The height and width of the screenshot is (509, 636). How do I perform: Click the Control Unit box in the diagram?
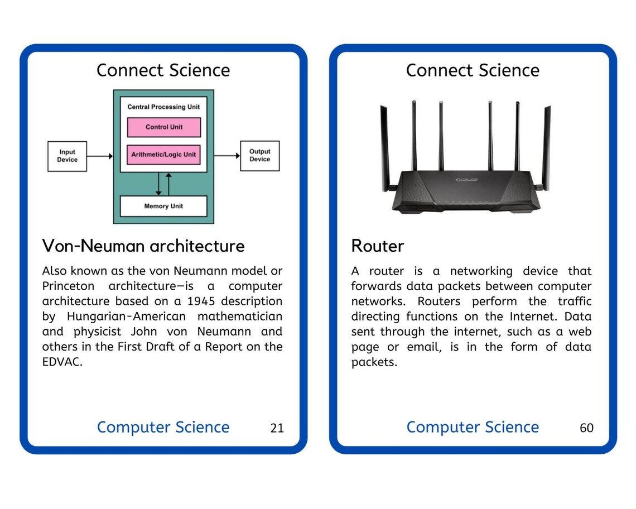click(163, 127)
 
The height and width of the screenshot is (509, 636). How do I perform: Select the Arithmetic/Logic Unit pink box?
click(163, 155)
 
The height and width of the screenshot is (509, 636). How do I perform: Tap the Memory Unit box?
click(163, 206)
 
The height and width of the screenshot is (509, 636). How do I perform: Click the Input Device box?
click(67, 156)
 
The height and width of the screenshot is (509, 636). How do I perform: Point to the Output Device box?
click(259, 156)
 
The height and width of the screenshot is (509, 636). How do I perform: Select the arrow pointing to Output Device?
click(227, 156)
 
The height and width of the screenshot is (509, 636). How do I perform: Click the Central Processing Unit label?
click(163, 107)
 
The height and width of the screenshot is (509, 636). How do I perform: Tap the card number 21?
click(277, 428)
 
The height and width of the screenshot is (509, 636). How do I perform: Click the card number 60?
click(586, 428)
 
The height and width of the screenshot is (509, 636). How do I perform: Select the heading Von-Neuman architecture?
click(143, 246)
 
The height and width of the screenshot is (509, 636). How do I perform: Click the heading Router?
click(378, 246)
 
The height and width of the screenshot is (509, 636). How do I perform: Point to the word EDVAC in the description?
click(62, 362)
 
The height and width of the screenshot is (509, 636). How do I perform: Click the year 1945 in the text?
click(201, 301)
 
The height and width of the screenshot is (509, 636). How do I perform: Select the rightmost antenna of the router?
click(547, 145)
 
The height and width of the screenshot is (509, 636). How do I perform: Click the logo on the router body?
click(466, 180)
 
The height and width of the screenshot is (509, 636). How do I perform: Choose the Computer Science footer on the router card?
click(473, 427)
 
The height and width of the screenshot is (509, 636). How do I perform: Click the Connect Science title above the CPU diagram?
click(163, 70)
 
